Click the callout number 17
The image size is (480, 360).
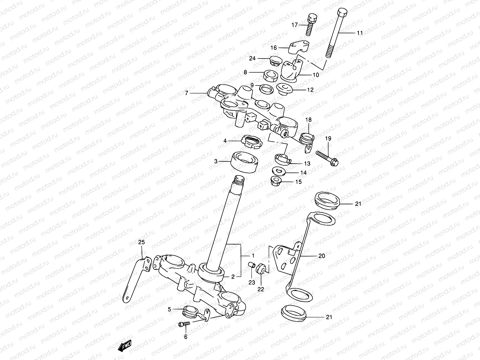[294, 25]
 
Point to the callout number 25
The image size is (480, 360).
[141, 242]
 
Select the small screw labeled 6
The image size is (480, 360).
[184, 324]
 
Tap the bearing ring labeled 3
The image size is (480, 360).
[244, 162]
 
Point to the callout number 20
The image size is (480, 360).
[321, 256]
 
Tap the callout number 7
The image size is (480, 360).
[186, 93]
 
